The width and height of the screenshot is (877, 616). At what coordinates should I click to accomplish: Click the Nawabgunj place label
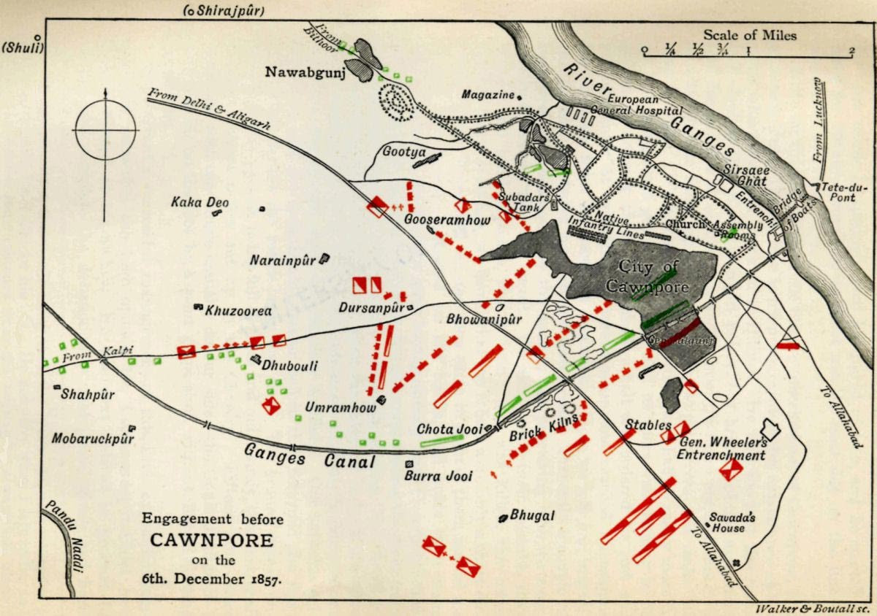(x=301, y=72)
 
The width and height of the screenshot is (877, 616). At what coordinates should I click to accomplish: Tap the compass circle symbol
(x=105, y=130)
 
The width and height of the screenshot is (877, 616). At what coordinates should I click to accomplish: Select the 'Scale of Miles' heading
(x=750, y=34)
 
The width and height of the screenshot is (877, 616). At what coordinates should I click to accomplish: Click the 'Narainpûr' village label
(x=282, y=260)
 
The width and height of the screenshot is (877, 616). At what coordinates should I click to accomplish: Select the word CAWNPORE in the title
(x=212, y=541)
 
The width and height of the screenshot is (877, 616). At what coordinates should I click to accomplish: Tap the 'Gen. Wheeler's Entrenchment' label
(x=721, y=449)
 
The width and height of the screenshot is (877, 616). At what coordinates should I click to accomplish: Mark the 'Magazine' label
(x=487, y=95)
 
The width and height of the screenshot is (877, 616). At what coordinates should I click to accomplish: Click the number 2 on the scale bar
(x=851, y=50)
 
